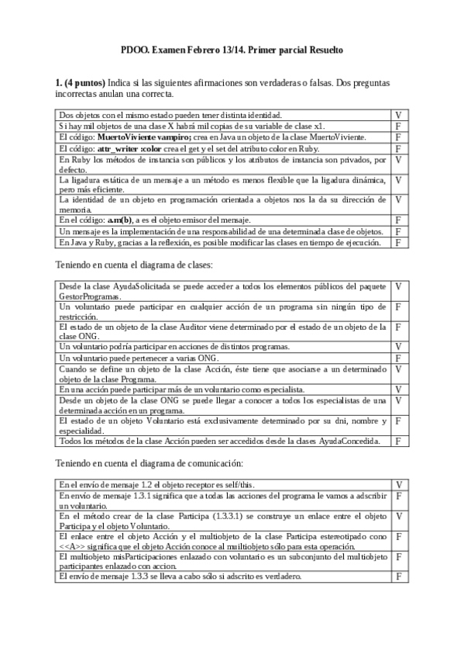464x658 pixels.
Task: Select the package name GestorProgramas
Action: tap(91, 296)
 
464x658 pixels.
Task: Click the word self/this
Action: tap(236, 484)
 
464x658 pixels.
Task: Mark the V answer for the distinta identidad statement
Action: tap(397, 115)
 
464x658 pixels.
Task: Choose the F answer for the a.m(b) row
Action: tap(397, 220)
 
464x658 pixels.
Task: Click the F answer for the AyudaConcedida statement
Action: tap(397, 441)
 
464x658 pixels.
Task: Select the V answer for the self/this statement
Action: tap(397, 484)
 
